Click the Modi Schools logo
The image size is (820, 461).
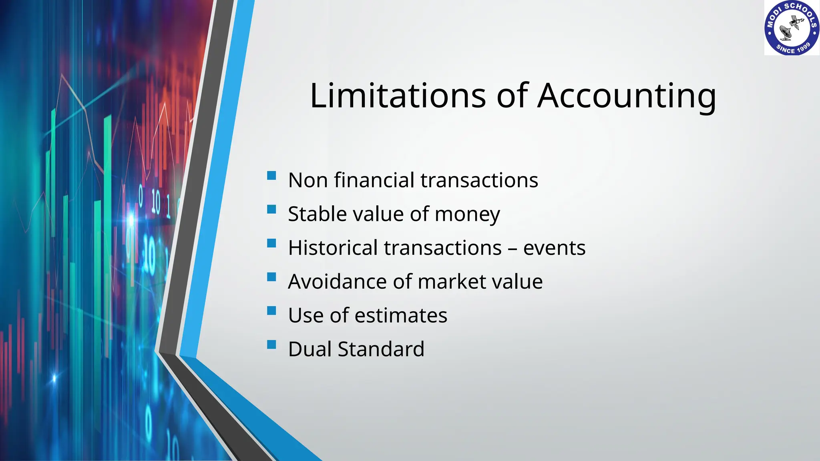pyautogui.click(x=792, y=28)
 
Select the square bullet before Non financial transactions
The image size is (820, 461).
pyautogui.click(x=271, y=176)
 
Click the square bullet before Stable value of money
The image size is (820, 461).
pyautogui.click(x=271, y=209)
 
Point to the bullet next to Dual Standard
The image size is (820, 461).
pyautogui.click(x=271, y=345)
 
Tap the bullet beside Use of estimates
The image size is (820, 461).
pyautogui.click(x=271, y=311)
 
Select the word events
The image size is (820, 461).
pyautogui.click(x=554, y=248)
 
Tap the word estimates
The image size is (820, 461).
pyautogui.click(x=401, y=315)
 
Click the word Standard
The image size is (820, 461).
pyautogui.click(x=381, y=349)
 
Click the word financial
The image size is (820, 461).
pyautogui.click(x=374, y=180)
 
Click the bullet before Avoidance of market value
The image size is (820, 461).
pyautogui.click(x=271, y=277)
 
